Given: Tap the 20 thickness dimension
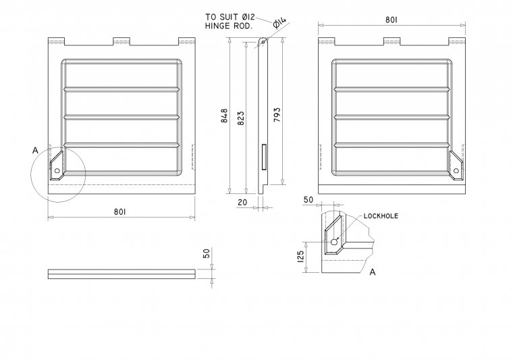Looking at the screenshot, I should click(242, 202).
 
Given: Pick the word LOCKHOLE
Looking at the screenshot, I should click(381, 215).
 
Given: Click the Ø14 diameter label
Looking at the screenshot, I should click(279, 24).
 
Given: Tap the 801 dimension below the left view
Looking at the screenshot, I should click(120, 212).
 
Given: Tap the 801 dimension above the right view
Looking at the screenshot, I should click(391, 20).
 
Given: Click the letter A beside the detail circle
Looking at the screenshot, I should click(35, 151).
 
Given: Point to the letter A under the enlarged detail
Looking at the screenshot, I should click(372, 272).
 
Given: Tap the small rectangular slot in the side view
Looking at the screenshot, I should click(263, 156).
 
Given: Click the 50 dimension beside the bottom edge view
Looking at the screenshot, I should click(207, 254).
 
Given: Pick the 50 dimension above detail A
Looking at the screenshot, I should click(309, 201).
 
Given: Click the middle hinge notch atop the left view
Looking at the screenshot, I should click(120, 41).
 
